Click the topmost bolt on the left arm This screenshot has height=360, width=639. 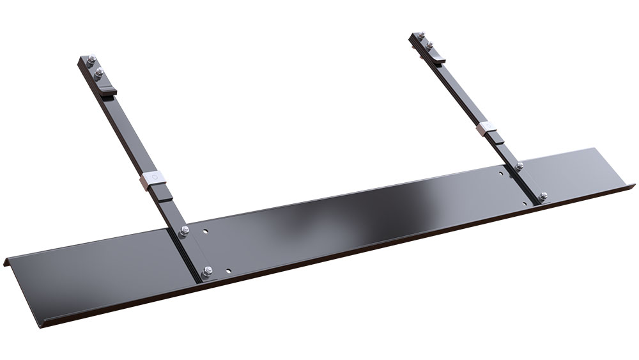point(91,61)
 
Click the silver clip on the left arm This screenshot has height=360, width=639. point(153,179)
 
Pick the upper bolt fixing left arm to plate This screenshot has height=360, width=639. point(185,230)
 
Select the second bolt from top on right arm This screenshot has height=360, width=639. point(429,45)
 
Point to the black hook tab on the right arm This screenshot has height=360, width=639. point(438,59)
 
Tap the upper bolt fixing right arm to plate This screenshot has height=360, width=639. point(519,166)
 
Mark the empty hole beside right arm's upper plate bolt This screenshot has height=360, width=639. point(502,171)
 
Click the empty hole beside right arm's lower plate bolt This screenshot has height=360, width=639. point(525,203)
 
